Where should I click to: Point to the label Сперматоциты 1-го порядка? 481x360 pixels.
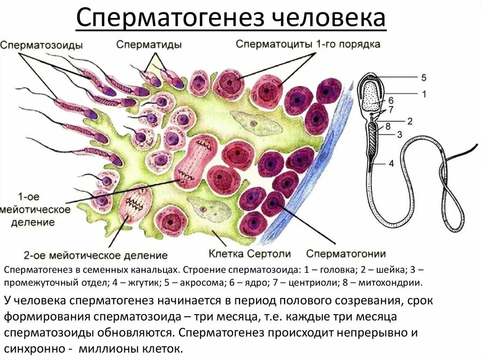(x=308, y=44)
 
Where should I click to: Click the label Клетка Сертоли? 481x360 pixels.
(x=249, y=254)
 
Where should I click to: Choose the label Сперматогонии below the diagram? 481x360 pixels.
(x=346, y=254)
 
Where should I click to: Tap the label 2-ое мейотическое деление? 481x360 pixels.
(x=96, y=256)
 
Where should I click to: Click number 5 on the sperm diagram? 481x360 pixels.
(x=423, y=77)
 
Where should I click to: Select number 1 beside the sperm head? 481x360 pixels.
(x=424, y=94)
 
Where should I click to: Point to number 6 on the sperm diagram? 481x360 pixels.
(x=391, y=100)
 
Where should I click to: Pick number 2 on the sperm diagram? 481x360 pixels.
(x=410, y=121)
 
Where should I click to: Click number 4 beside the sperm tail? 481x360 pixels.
(x=391, y=164)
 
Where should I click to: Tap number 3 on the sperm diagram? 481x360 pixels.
(x=399, y=135)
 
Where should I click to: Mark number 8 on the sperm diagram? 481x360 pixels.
(x=388, y=126)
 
